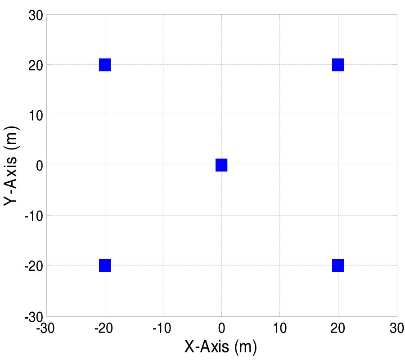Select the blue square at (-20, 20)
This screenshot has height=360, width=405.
coord(105,65)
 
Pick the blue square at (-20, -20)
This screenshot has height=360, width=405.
coord(105,265)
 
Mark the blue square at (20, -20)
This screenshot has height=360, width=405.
coord(338,265)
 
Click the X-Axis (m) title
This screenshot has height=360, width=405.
coord(220,347)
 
